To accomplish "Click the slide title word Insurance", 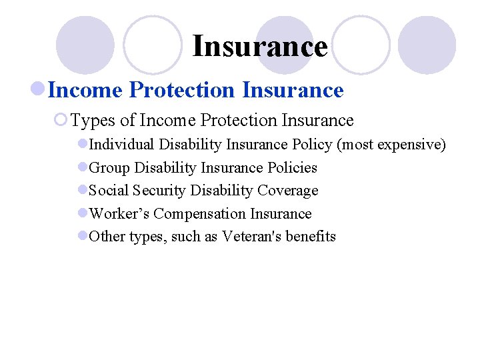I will (259, 47).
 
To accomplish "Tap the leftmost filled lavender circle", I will (85, 45).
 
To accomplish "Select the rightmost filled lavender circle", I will (427, 45).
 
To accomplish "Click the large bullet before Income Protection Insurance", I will (38, 90).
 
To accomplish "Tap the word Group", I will (109, 168).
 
